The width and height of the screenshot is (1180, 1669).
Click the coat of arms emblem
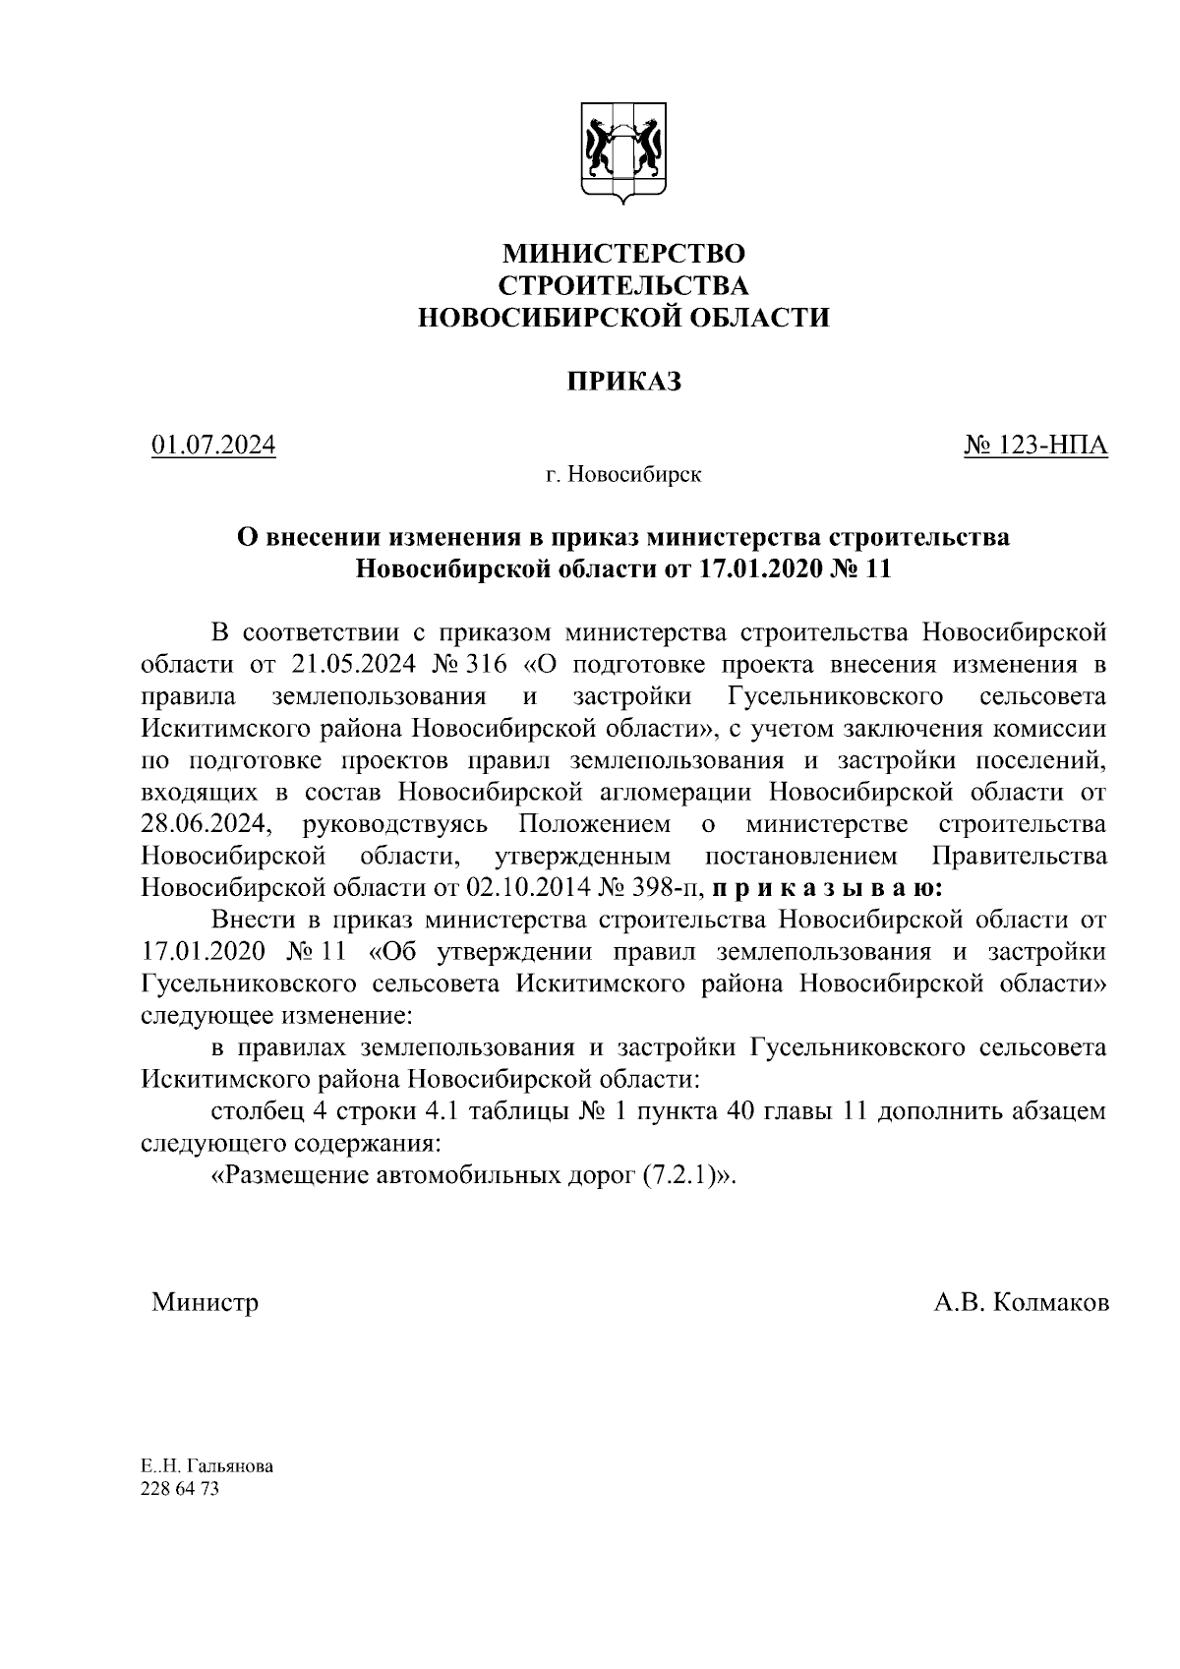[x=623, y=151]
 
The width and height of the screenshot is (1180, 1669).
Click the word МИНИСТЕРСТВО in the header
[x=623, y=254]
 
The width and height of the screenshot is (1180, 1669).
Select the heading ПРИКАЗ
[x=622, y=382]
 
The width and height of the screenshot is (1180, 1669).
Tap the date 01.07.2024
[x=213, y=446]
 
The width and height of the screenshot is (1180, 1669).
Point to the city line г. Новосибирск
[x=623, y=476]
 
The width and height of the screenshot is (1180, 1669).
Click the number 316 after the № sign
[x=488, y=665]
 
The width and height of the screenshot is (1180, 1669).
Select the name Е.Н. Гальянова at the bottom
[x=206, y=1466]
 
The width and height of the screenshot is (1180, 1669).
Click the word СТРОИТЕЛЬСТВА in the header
[x=623, y=285]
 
